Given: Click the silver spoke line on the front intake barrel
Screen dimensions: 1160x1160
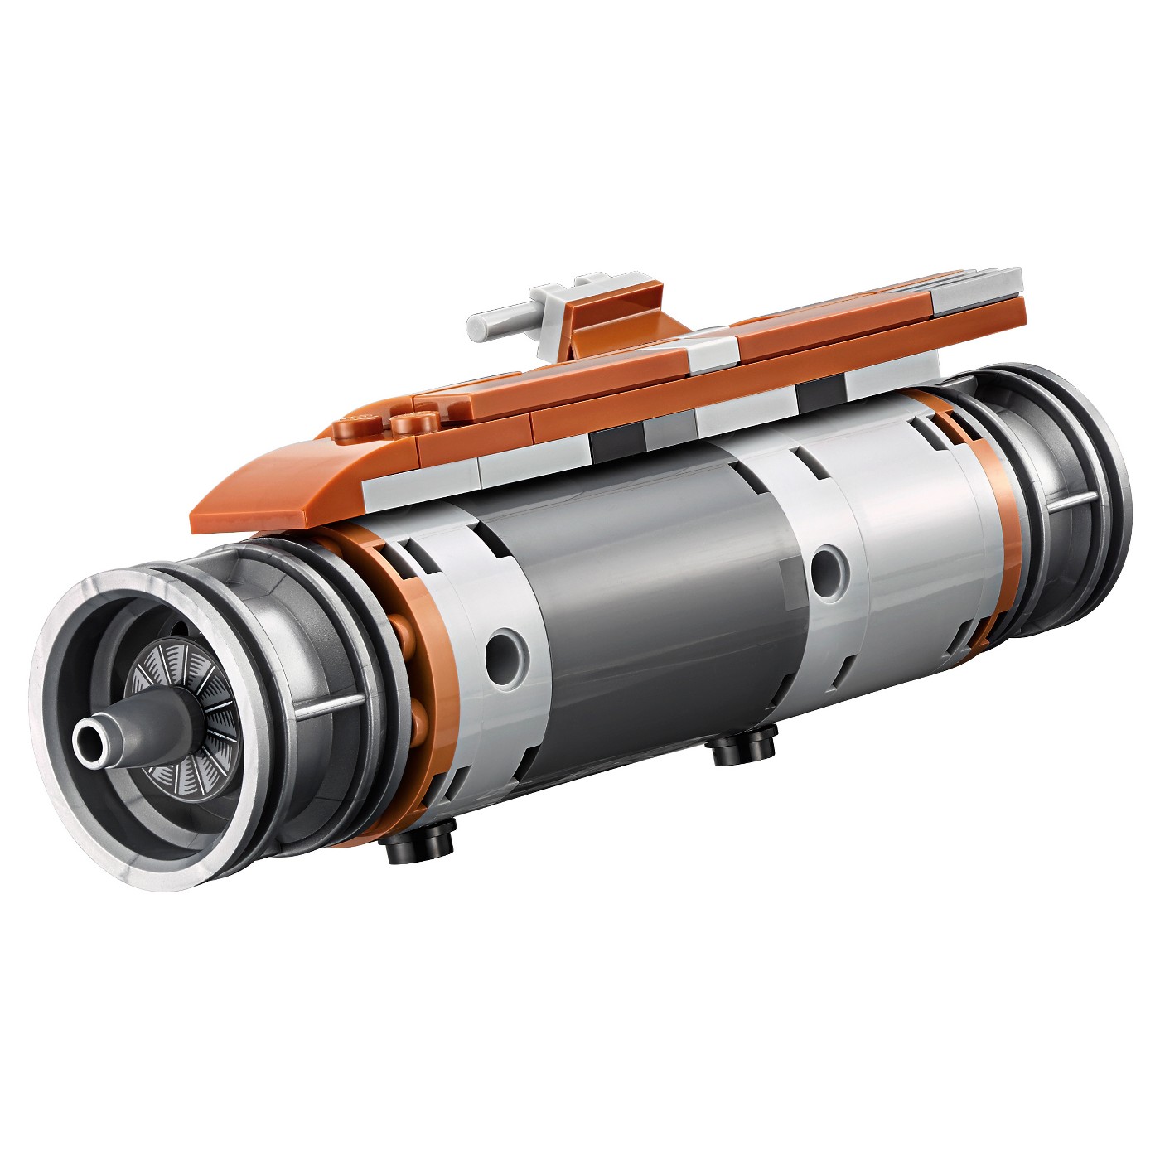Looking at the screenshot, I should coord(331,704).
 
